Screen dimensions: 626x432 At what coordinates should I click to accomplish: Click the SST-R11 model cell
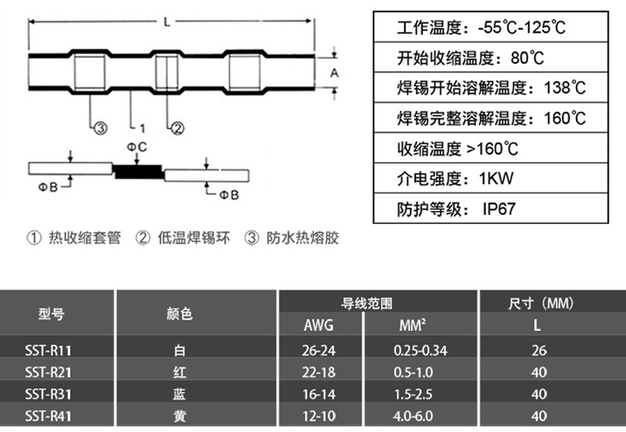pyautogui.click(x=54, y=350)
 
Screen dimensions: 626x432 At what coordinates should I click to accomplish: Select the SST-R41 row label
pyautogui.click(x=54, y=416)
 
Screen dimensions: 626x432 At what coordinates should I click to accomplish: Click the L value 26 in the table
pyautogui.click(x=539, y=351)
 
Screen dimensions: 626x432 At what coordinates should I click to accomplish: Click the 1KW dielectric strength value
pyautogui.click(x=495, y=178)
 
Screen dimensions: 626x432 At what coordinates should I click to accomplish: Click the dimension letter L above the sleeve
pyautogui.click(x=167, y=22)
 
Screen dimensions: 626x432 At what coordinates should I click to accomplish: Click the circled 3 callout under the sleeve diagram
pyautogui.click(x=99, y=128)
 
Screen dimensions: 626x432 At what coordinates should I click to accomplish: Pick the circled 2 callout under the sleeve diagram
pyautogui.click(x=178, y=128)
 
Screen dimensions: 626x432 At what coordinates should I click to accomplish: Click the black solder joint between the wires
pyautogui.click(x=137, y=171)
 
